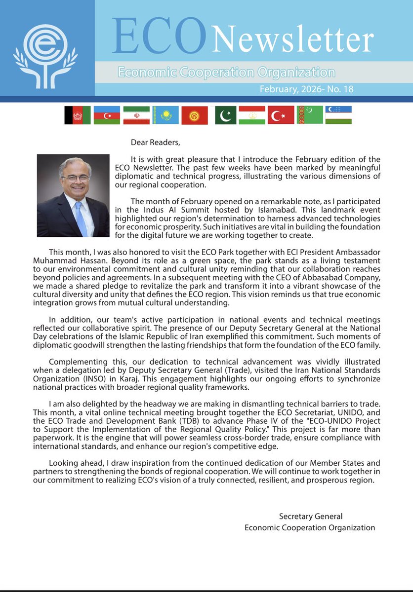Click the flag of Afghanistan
point(77,115)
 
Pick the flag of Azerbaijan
point(106,115)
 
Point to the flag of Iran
point(135,115)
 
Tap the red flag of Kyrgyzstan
point(194,115)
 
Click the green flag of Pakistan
point(226,115)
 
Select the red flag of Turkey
point(281,115)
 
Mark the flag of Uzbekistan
point(338,115)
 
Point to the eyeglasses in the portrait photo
point(75,178)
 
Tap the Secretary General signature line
point(310,517)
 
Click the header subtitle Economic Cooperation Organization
point(226,73)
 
